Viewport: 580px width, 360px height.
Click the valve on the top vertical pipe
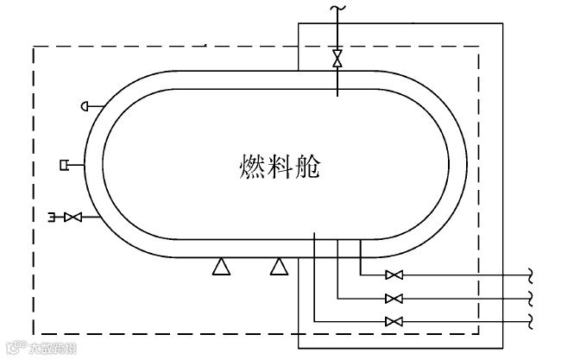tap(337, 58)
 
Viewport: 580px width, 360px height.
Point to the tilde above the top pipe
tap(337, 9)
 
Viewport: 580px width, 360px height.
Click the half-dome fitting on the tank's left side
tap(86, 105)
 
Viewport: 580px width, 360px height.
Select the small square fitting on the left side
tap(66, 163)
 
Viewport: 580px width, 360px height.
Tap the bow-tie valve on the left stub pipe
tap(73, 216)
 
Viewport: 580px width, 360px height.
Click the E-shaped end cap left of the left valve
tap(54, 216)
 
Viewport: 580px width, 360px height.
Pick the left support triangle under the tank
tap(221, 267)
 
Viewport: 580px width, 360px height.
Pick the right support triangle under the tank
tap(278, 267)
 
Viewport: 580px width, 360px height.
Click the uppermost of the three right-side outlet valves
tap(394, 275)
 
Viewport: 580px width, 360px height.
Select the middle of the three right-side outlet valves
tap(394, 299)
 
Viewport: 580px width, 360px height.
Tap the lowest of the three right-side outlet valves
tap(394, 321)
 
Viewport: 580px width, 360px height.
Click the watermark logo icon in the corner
tap(14, 350)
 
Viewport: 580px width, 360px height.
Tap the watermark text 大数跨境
tap(49, 350)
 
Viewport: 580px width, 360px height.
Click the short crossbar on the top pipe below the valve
tap(337, 73)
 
